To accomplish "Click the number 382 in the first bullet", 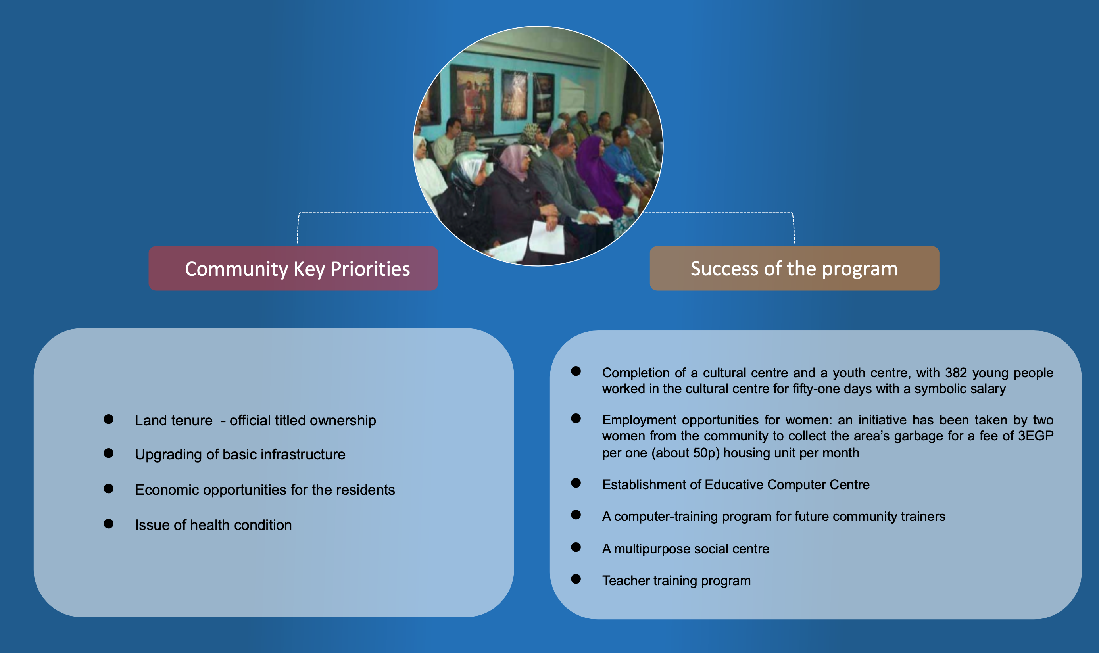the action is pyautogui.click(x=956, y=373).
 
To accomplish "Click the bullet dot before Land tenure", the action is pyautogui.click(x=109, y=419).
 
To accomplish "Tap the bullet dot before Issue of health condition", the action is pyautogui.click(x=109, y=524).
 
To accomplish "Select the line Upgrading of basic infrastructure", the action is pyautogui.click(x=240, y=455).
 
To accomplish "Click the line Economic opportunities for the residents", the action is pyautogui.click(x=265, y=490).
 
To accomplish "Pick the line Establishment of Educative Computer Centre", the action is pyautogui.click(x=736, y=484).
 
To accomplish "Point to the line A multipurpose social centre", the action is pyautogui.click(x=686, y=549).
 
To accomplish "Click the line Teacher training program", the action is pyautogui.click(x=676, y=580).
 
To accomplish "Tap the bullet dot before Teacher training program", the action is pyautogui.click(x=576, y=579).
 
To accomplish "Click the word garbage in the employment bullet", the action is pyautogui.click(x=919, y=436).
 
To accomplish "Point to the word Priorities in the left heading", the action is pyautogui.click(x=370, y=269).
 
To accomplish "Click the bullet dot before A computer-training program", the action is pyautogui.click(x=576, y=515).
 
